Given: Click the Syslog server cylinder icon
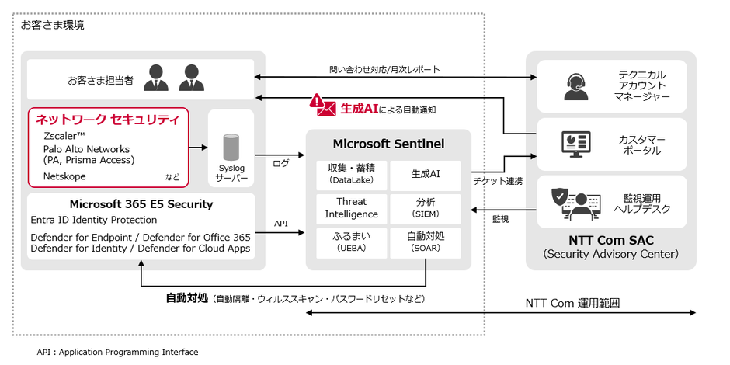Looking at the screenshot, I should click(230, 148).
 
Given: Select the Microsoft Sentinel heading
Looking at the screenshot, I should click(388, 144).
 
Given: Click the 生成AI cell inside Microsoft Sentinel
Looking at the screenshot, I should click(425, 176).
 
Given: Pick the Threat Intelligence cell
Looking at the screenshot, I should click(352, 208).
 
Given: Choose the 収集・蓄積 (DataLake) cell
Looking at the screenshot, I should click(352, 176).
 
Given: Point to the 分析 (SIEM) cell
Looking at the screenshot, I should click(425, 208).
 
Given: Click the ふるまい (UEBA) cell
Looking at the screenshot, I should click(352, 242).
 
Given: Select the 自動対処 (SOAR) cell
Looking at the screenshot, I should click(425, 242).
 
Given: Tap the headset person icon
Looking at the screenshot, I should click(575, 85).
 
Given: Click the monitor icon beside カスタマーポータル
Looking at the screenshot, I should click(575, 144).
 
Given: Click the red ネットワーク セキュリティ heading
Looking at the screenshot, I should click(107, 120).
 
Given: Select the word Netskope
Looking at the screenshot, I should click(64, 176).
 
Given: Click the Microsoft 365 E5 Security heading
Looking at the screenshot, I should click(141, 205).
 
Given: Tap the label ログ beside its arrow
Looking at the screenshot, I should click(281, 163).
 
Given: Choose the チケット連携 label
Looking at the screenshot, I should click(498, 182).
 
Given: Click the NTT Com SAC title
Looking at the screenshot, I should click(610, 241).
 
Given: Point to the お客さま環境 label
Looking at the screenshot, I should click(53, 25).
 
